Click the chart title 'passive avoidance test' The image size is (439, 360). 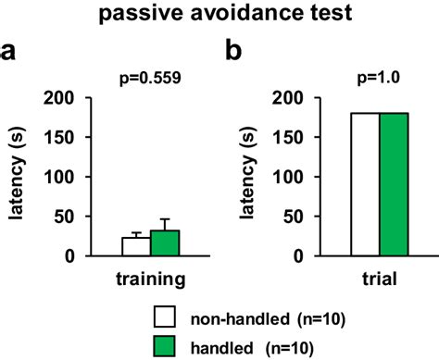[219, 17]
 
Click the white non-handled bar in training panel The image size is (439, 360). [136, 247]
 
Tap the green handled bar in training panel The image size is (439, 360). [164, 243]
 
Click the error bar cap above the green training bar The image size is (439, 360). [164, 219]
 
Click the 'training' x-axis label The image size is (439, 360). [150, 279]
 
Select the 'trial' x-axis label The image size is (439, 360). [379, 279]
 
